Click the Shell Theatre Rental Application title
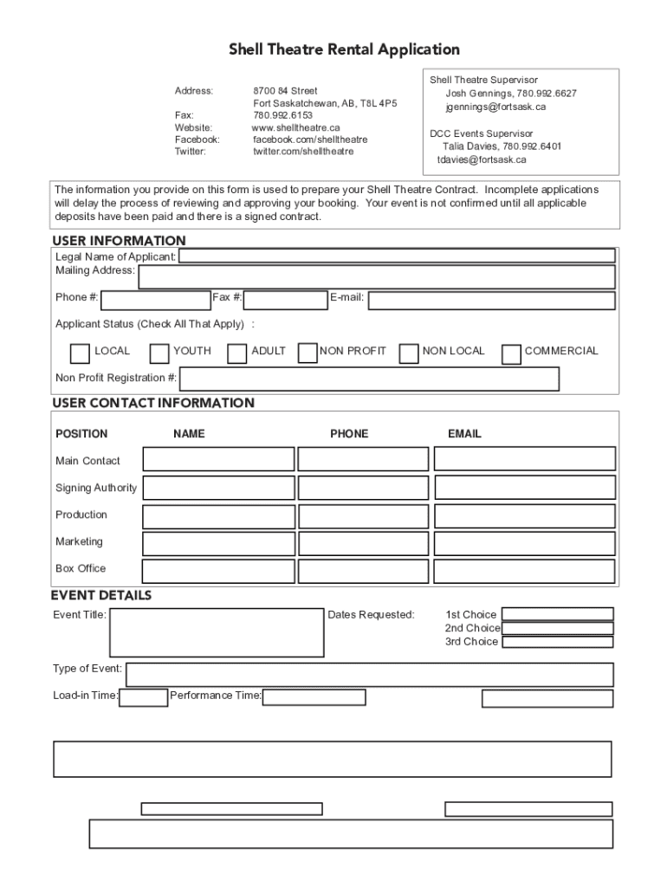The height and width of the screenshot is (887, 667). click(x=344, y=49)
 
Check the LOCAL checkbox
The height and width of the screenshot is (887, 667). click(x=80, y=353)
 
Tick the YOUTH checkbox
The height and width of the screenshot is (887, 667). click(x=159, y=353)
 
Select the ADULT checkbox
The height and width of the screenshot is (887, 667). click(x=236, y=353)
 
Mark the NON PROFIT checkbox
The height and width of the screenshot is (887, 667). click(x=307, y=353)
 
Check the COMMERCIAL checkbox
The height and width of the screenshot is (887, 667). click(x=511, y=353)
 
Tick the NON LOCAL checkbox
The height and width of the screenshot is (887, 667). click(x=409, y=353)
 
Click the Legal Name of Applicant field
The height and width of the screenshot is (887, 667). click(x=397, y=256)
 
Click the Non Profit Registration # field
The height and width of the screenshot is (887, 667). click(x=369, y=379)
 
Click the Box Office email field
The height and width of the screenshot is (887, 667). click(x=524, y=572)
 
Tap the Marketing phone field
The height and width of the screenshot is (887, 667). click(x=363, y=544)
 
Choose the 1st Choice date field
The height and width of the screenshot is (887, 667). click(x=557, y=614)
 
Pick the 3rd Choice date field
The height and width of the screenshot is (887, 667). click(x=557, y=642)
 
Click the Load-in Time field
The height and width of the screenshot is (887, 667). click(x=143, y=697)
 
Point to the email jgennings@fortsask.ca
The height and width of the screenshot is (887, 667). click(x=495, y=107)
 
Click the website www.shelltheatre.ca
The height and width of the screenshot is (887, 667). click(x=295, y=127)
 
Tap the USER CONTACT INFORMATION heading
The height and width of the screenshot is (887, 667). click(x=153, y=403)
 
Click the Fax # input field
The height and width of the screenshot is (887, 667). click(x=285, y=300)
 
